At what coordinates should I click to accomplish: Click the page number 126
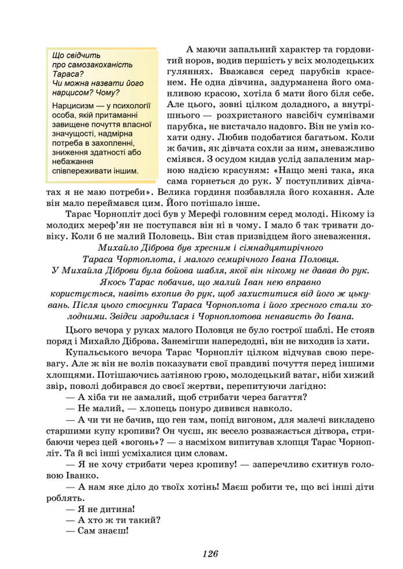click(x=210, y=553)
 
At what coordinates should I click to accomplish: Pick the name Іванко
click(x=75, y=475)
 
